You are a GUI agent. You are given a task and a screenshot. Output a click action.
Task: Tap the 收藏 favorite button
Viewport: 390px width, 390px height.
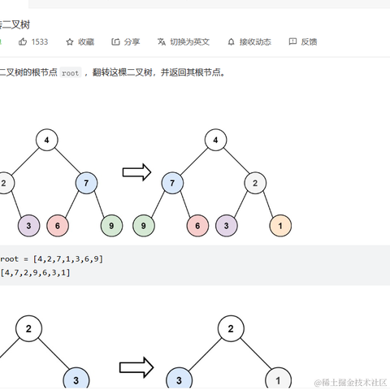(x=80, y=41)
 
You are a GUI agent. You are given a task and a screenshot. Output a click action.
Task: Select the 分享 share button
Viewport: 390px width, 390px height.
(x=126, y=41)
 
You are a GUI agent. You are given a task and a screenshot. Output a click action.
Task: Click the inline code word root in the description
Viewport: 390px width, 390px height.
(x=71, y=72)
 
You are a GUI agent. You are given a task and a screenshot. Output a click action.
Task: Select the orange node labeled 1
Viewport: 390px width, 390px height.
(x=280, y=225)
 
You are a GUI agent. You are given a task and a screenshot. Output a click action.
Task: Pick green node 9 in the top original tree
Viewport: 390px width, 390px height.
(x=111, y=225)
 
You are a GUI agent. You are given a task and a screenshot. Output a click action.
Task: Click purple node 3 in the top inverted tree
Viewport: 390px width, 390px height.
(x=227, y=225)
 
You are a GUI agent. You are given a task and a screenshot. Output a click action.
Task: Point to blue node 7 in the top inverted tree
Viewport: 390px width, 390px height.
(x=172, y=183)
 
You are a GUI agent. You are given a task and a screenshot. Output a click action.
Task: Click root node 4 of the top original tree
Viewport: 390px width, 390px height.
(x=46, y=141)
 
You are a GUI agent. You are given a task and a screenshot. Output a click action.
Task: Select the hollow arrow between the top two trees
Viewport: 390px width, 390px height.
(x=136, y=171)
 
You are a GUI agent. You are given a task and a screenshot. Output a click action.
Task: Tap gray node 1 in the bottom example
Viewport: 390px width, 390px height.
(x=278, y=379)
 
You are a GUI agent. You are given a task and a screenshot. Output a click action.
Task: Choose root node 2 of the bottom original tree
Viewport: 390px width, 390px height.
(x=28, y=329)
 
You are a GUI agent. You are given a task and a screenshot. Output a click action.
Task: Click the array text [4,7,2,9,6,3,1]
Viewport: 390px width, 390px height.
(x=36, y=273)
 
